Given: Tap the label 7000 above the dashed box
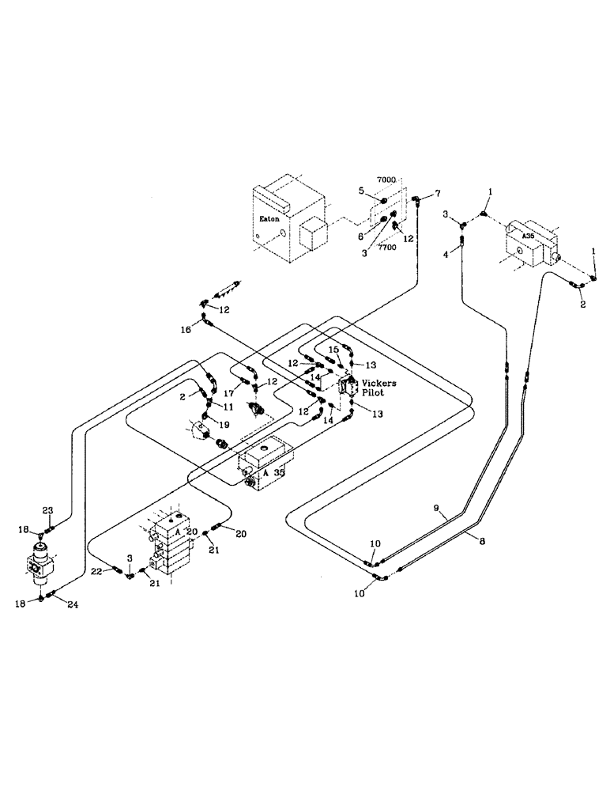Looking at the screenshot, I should pyautogui.click(x=386, y=181).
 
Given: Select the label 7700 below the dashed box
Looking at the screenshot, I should pyautogui.click(x=386, y=248).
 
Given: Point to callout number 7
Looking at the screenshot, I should pyautogui.click(x=439, y=194).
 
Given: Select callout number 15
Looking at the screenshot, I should pyautogui.click(x=333, y=349).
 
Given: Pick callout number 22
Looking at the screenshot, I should pyautogui.click(x=96, y=570).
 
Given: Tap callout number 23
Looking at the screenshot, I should pyautogui.click(x=47, y=510).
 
